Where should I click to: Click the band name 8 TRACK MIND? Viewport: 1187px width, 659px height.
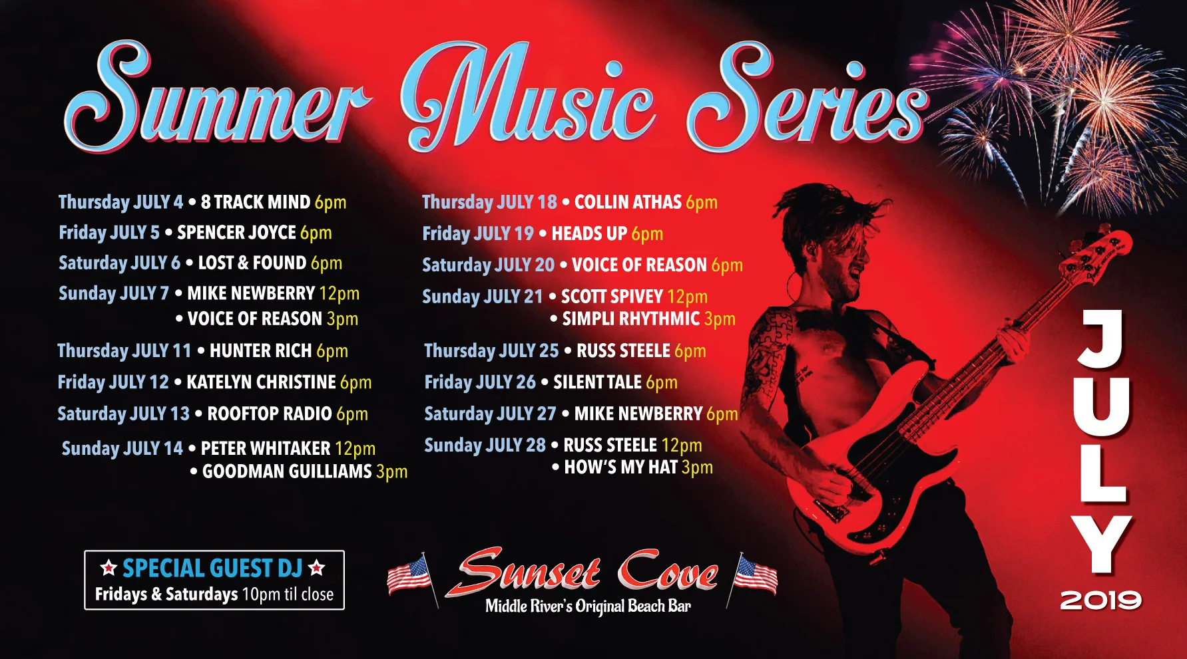tap(255, 202)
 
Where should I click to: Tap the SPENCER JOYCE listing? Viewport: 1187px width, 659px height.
tap(236, 233)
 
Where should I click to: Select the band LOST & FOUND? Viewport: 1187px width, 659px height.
tap(252, 263)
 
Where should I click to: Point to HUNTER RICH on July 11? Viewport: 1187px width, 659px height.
tap(260, 351)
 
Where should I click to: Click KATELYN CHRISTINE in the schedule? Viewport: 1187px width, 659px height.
tap(261, 382)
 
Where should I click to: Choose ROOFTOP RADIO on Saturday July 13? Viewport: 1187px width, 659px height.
tap(269, 414)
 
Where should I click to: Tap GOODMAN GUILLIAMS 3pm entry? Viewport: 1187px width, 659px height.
tap(287, 471)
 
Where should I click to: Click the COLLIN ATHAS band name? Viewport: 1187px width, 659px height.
tap(628, 202)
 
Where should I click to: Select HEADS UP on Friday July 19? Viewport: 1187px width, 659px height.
tap(589, 234)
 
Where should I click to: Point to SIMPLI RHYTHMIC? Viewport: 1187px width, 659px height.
tap(630, 319)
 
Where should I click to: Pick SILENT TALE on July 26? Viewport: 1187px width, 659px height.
tap(597, 382)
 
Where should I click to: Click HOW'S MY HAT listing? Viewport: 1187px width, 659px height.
tap(620, 467)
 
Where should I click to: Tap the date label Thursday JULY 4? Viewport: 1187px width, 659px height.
tap(120, 202)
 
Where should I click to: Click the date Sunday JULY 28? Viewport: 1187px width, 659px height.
tap(485, 446)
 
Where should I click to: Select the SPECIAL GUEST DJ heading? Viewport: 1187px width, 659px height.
tap(212, 569)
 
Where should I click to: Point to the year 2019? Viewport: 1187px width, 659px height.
tap(1100, 600)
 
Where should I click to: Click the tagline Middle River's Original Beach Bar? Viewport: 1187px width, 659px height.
tap(588, 606)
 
